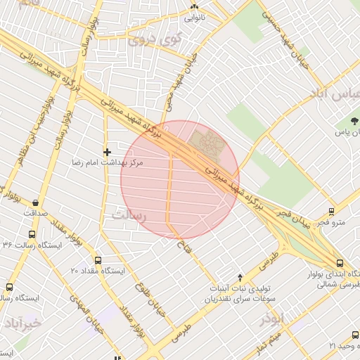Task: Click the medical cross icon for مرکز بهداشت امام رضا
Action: coord(107,152)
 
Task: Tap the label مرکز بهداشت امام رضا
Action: coord(107,162)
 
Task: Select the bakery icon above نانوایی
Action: coord(195,8)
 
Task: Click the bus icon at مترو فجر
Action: coord(331,211)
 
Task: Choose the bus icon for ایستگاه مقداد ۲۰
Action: coord(98,259)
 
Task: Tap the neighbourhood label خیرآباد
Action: coord(22,323)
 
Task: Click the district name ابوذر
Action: coord(271,319)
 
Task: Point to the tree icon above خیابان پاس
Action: coord(355,121)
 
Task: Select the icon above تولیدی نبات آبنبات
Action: coord(240,277)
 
